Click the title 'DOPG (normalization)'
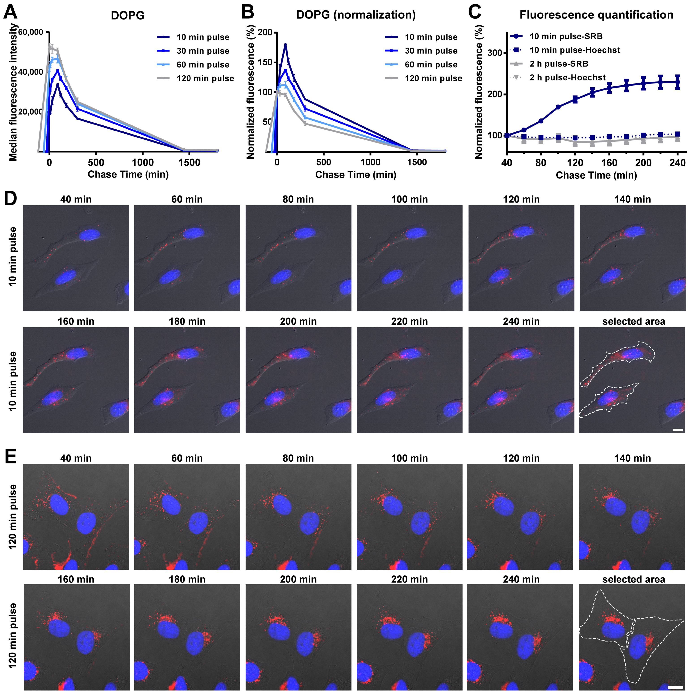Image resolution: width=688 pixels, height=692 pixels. click(x=356, y=15)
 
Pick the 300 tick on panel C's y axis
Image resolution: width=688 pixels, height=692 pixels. click(x=495, y=53)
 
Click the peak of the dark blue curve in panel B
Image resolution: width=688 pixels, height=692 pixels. click(x=285, y=44)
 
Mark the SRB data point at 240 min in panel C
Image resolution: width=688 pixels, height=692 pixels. click(x=677, y=82)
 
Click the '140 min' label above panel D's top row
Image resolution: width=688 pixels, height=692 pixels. click(x=632, y=199)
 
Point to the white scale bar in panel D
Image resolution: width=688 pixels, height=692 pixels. click(x=678, y=430)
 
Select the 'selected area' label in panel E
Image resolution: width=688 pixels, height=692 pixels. click(x=633, y=579)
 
